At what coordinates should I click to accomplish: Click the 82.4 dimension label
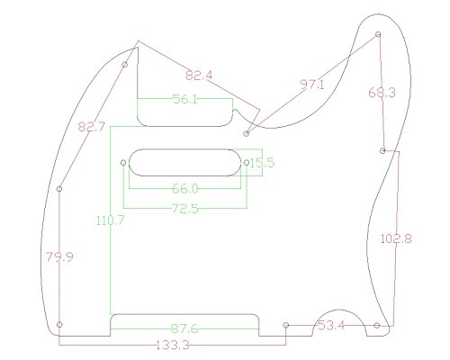[x=199, y=76]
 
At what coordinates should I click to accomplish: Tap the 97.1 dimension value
[x=312, y=85]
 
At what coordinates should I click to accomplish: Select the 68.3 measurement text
[x=382, y=93]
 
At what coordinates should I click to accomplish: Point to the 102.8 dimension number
[x=396, y=239]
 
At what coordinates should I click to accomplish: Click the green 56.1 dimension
[x=185, y=99]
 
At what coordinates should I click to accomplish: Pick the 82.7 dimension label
[x=92, y=127]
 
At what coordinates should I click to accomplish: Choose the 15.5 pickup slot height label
[x=262, y=163]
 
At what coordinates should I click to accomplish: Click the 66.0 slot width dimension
[x=185, y=189]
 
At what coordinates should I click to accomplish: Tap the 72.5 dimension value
[x=185, y=209]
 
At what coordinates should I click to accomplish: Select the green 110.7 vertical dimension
[x=110, y=220]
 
